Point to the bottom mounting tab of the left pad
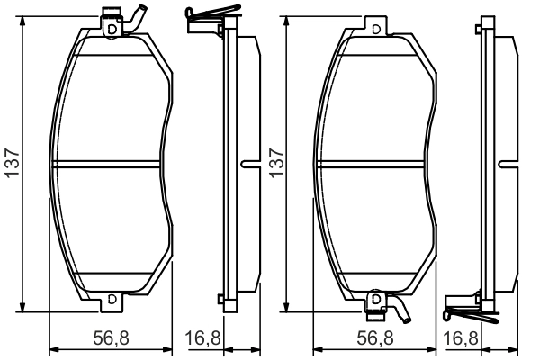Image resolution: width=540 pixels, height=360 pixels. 111,298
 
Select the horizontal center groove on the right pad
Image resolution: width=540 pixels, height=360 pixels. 373,164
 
